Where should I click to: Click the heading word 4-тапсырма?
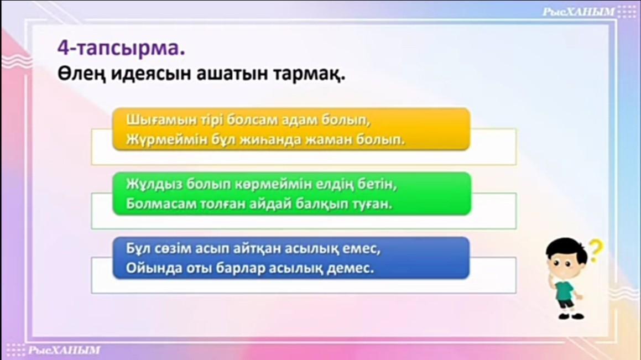[121, 48]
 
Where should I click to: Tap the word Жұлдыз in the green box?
[154, 184]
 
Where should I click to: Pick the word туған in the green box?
[372, 204]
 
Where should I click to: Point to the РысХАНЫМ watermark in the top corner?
[579, 12]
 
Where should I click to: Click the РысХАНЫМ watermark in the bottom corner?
[64, 350]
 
